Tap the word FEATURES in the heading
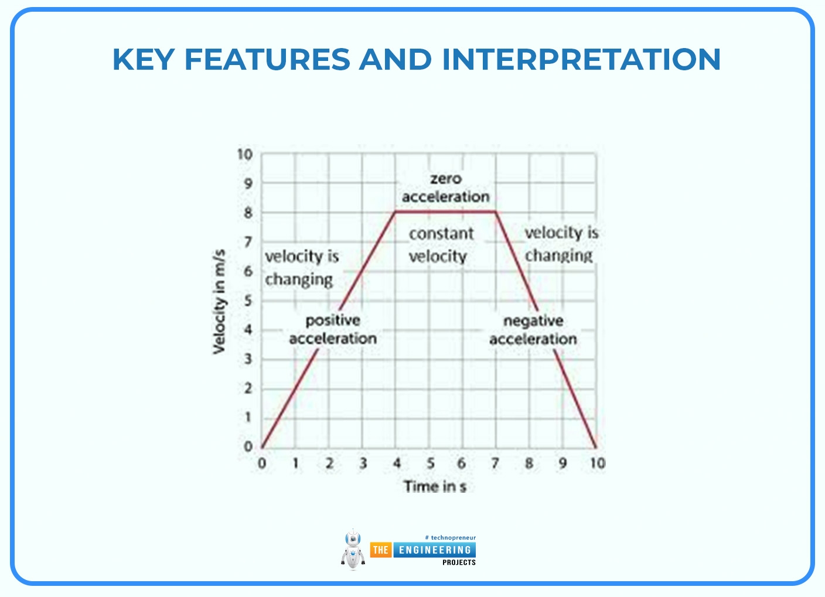pos(267,59)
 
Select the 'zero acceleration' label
pos(445,188)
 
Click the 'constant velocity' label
pos(440,245)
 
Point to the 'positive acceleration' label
pos(332,329)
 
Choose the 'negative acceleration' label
pos(533,330)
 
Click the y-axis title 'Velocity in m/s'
pos(219,302)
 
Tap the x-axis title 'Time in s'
pos(435,486)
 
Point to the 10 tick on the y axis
pos(245,155)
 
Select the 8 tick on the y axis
pos(248,213)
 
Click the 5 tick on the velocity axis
pos(248,301)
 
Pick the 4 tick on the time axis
pos(397,463)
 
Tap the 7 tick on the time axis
pos(495,463)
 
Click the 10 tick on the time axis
pos(597,463)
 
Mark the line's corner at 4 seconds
pos(396,211)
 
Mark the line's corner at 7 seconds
pos(496,211)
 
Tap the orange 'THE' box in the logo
pos(380,550)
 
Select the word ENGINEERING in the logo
pos(435,550)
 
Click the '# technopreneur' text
pos(450,537)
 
